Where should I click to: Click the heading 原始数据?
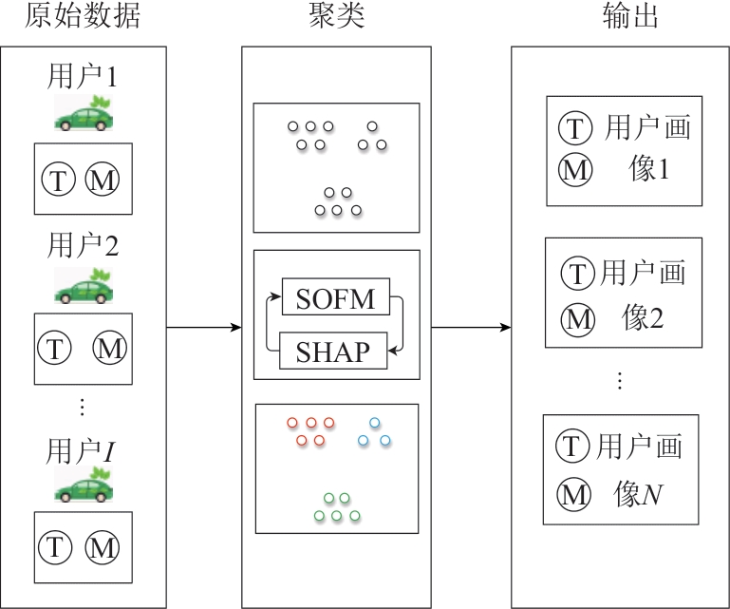[70, 17]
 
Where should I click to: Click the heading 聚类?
[336, 17]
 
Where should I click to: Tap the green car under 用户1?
[83, 113]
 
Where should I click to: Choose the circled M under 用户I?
[102, 547]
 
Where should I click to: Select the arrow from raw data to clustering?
[203, 328]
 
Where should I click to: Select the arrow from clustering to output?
[471, 328]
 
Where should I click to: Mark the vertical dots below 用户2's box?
[82, 408]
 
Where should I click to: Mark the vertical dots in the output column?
[620, 381]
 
